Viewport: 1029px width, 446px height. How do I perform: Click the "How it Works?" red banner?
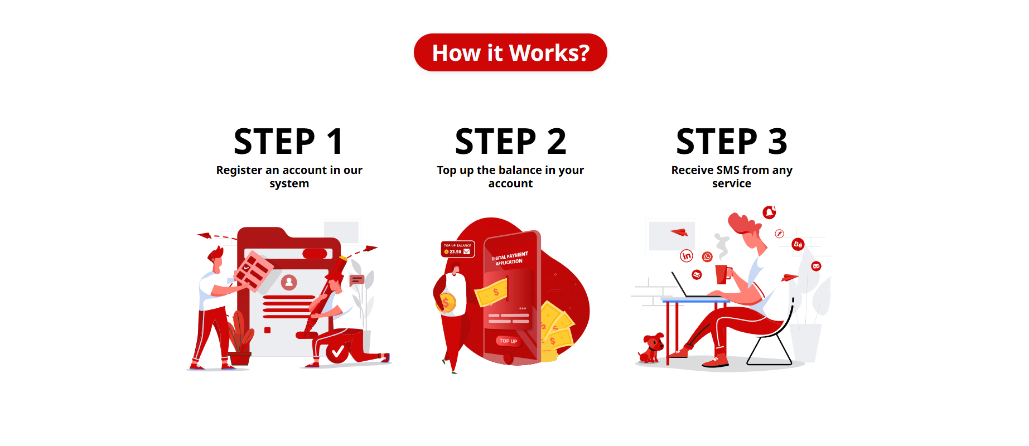[510, 52]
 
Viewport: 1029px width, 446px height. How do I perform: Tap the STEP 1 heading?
[289, 142]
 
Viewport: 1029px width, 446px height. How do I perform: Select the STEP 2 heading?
[510, 142]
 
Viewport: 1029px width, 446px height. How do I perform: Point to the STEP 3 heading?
[732, 142]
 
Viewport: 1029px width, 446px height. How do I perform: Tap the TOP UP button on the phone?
[508, 341]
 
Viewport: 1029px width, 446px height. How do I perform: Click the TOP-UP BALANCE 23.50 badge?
[458, 249]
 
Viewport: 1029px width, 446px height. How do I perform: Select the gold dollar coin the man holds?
[446, 303]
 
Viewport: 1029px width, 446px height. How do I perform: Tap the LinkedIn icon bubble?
[687, 256]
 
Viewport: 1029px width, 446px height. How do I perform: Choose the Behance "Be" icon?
[798, 244]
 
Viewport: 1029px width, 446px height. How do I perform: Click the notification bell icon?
[769, 212]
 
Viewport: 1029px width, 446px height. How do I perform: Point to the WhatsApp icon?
[707, 256]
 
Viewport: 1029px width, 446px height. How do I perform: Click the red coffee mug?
[723, 274]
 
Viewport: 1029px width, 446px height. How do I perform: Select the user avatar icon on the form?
[289, 282]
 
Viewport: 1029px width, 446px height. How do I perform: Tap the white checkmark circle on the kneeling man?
[337, 352]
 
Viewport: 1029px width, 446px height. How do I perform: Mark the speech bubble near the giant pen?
[356, 280]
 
